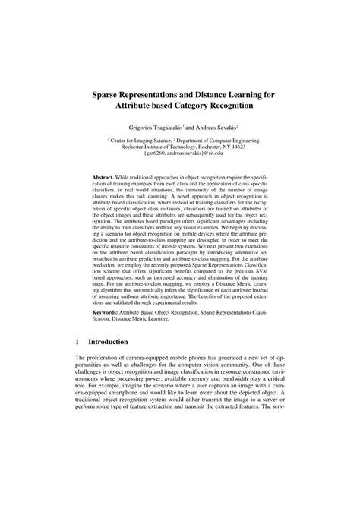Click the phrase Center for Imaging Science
[143, 140]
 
